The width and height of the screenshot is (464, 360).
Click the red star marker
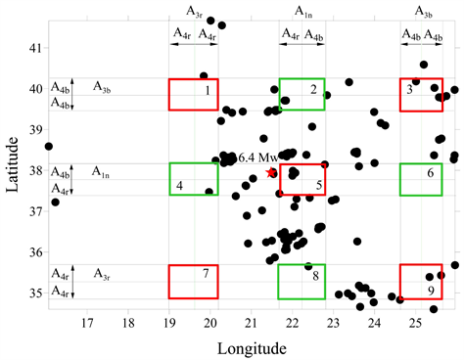point(270,172)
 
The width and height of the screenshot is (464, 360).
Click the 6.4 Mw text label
point(258,157)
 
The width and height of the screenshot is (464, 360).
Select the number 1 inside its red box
point(208,90)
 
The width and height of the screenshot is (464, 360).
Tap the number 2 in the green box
point(313,89)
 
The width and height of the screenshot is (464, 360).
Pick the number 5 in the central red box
point(319,185)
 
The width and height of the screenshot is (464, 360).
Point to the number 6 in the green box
point(431,172)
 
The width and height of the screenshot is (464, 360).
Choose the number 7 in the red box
point(206,273)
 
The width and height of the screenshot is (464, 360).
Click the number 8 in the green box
point(315,276)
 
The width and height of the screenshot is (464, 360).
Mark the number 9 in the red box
point(431,291)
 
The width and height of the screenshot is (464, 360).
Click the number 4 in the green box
point(179,186)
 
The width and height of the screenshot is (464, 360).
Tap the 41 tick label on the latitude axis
point(35,48)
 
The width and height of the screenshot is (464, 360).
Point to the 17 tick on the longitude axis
point(87,323)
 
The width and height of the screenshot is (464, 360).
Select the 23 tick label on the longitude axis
point(333,323)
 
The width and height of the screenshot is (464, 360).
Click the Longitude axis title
point(252,348)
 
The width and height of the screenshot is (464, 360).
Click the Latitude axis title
point(12,164)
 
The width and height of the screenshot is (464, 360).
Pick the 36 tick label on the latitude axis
point(35,252)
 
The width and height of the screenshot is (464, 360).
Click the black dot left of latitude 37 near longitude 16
point(55,202)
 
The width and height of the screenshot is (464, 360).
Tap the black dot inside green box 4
point(209,192)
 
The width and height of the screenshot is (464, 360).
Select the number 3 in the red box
point(409,89)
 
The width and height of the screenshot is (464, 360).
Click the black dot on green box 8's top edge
point(308,266)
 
